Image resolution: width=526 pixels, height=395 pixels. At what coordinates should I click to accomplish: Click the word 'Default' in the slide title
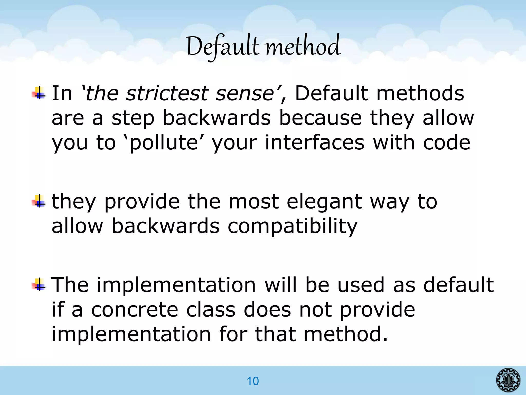coord(222,47)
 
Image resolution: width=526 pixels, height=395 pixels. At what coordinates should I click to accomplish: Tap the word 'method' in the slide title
coord(303,47)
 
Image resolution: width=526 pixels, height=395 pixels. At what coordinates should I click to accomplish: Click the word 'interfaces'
coord(314,142)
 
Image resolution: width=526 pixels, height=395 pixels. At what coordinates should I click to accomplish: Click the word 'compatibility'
coord(293,226)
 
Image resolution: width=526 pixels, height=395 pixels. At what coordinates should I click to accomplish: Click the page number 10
coord(253,381)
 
